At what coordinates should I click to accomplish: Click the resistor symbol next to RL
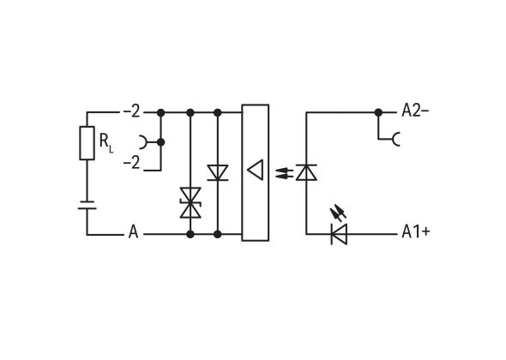coord(87,142)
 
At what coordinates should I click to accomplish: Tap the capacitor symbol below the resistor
coord(87,205)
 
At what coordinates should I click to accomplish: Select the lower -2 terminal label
coord(130,163)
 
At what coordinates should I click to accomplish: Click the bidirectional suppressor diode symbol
coord(190,204)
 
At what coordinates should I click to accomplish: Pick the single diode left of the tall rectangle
coord(218,172)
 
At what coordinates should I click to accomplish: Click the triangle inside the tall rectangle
coord(255,171)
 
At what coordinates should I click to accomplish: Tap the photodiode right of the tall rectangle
coord(306,171)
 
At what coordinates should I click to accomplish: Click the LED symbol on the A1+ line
coord(339,231)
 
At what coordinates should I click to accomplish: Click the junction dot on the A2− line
coord(378,111)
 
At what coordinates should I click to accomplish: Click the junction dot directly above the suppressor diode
coord(190,111)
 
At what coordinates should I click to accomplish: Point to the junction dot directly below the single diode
coord(218,233)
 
